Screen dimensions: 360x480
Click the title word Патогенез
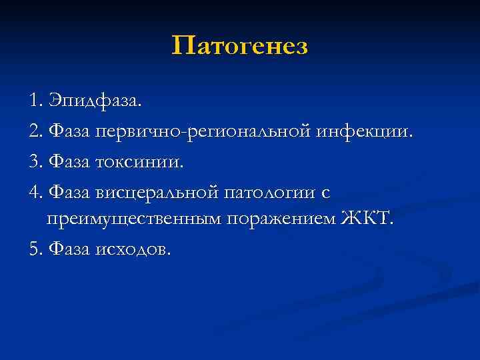[240, 47]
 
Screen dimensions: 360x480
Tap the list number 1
[34, 103]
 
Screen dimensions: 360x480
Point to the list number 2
[34, 133]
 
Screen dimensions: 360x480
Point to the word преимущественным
[133, 220]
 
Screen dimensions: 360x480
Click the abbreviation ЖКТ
[367, 220]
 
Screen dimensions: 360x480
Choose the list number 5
[34, 249]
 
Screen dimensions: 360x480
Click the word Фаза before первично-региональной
[69, 133]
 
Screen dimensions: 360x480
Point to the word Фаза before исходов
[69, 249]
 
